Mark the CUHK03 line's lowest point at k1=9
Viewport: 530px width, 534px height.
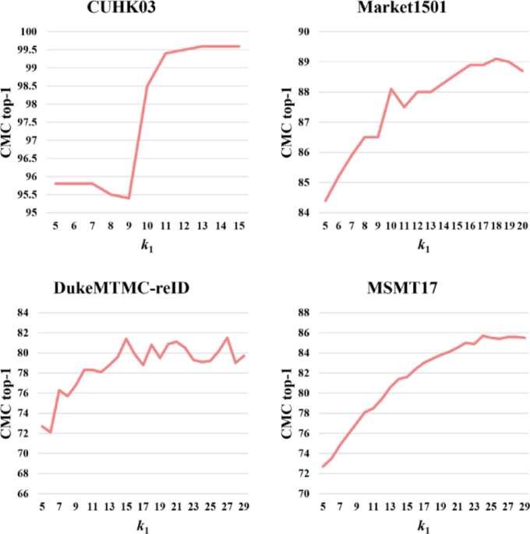coord(129,198)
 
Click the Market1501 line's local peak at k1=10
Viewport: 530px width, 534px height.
coord(390,89)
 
